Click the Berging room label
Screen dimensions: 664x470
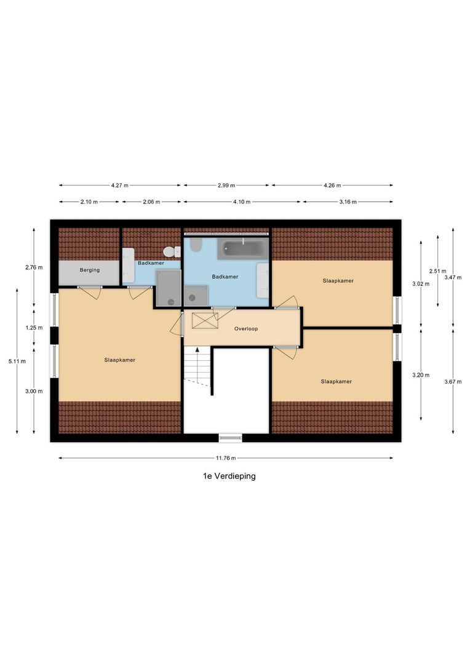[89, 270]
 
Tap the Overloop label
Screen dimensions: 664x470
[246, 329]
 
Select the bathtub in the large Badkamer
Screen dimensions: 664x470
[243, 249]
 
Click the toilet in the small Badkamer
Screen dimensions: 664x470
[169, 252]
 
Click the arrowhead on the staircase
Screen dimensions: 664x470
[197, 350]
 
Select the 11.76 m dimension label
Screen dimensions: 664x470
[226, 458]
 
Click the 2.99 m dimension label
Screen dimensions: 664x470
[226, 185]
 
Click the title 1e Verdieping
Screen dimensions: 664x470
[229, 476]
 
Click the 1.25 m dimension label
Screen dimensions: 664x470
[34, 328]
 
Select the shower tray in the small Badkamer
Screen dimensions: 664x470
[168, 289]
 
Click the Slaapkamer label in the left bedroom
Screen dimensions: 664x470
[119, 360]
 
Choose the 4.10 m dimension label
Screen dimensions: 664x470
[242, 202]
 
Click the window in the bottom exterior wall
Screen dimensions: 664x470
[231, 438]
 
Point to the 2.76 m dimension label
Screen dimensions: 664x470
[34, 267]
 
